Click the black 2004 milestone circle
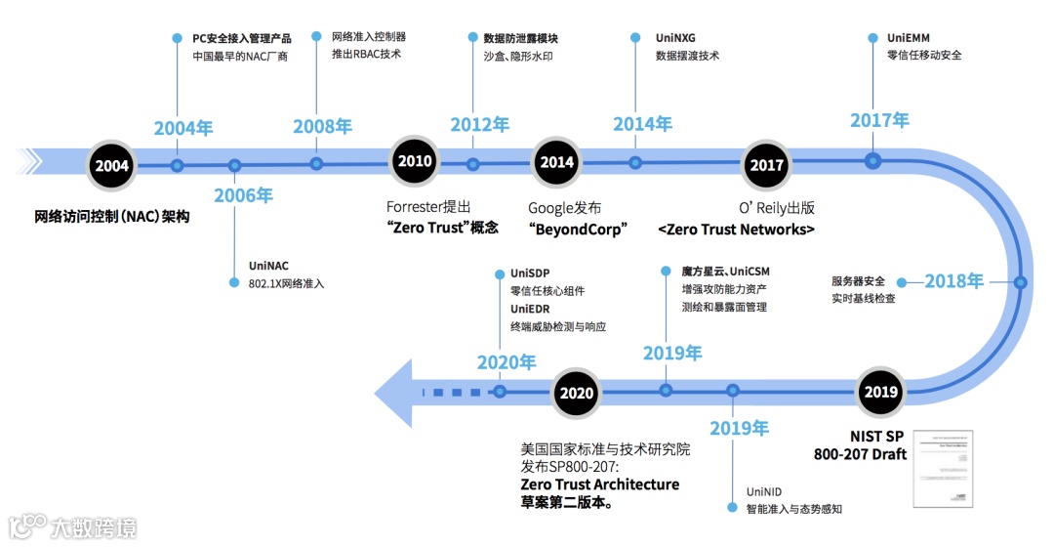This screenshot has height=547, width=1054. point(112,165)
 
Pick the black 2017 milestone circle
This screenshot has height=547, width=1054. point(767,165)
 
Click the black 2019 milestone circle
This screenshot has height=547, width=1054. point(881,392)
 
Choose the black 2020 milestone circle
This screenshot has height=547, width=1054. point(576,393)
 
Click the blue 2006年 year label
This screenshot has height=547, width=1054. point(244,195)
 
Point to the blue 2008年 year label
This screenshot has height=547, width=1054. point(323,126)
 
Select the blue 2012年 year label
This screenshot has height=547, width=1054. point(479,125)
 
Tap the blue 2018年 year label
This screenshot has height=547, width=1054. point(953,281)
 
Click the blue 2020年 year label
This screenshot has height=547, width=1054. point(507,362)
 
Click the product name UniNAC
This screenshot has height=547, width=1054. point(268,265)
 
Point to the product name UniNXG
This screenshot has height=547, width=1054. point(675,38)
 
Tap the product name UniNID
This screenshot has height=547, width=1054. point(764,491)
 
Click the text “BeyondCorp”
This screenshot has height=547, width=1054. point(577,229)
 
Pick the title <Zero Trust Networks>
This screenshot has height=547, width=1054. point(736,230)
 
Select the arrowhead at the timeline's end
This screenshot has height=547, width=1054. point(395,392)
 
